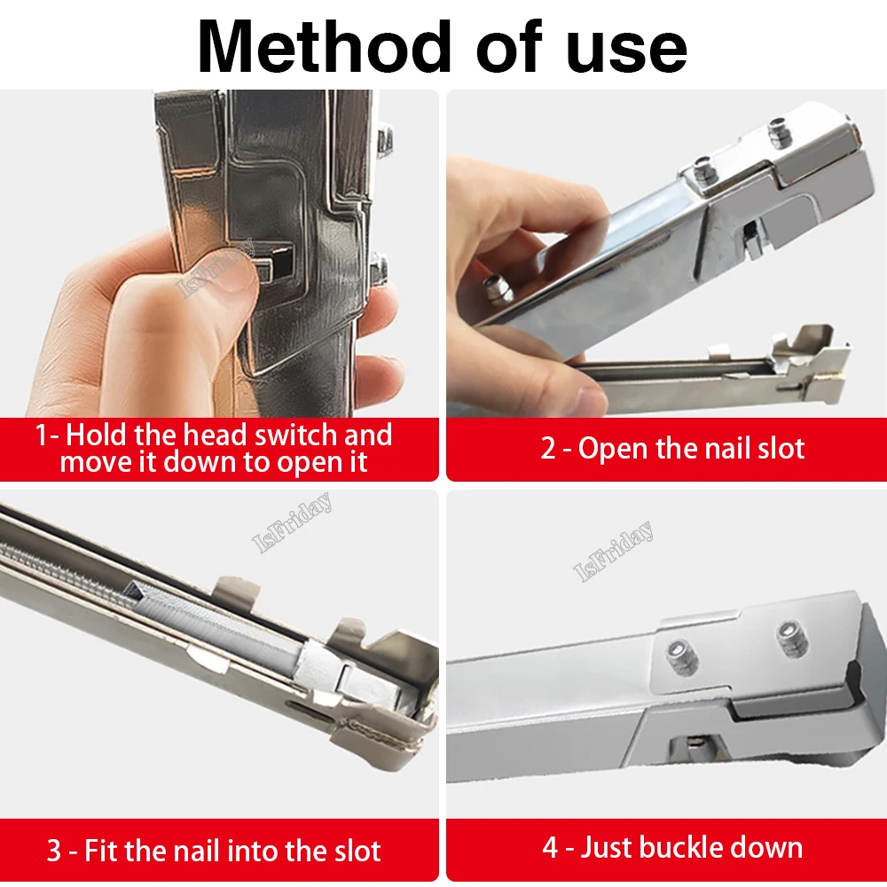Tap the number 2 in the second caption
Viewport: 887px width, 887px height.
click(549, 448)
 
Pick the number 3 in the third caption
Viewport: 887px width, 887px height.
click(54, 852)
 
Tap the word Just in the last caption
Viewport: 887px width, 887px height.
click(611, 847)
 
